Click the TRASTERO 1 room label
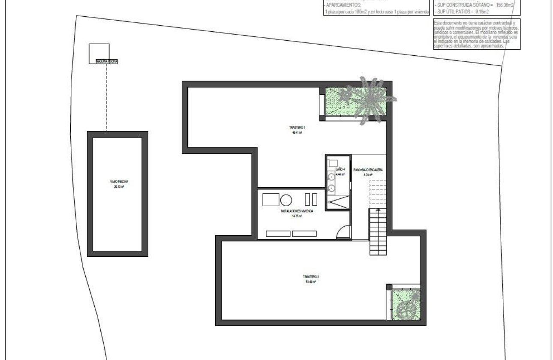[297, 128]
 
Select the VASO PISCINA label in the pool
[117, 182]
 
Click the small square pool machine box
[99, 53]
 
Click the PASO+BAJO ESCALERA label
[368, 170]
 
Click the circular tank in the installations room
[286, 199]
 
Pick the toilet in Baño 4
[333, 163]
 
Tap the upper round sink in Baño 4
[331, 177]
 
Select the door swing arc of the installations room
[343, 232]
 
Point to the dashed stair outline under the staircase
[378, 193]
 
